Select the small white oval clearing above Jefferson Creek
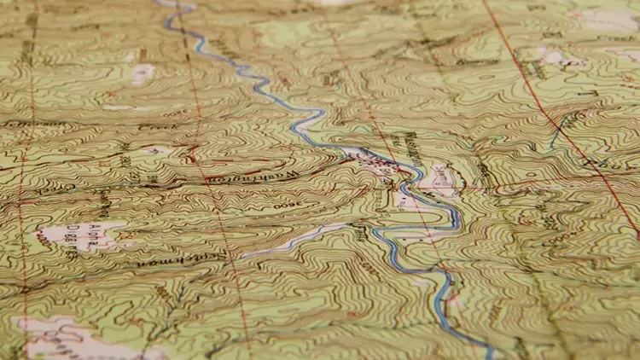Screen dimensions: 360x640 point(143,74)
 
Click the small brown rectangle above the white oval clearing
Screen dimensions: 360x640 point(142,56)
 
